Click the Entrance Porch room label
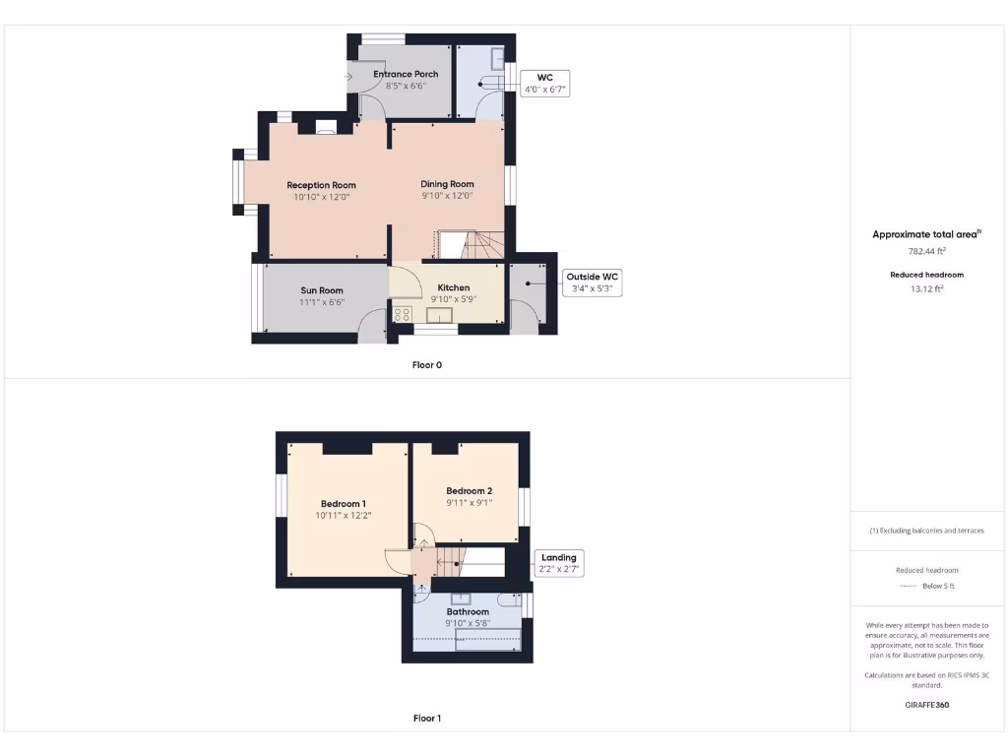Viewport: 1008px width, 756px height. tap(406, 74)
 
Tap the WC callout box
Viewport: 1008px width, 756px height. tap(544, 84)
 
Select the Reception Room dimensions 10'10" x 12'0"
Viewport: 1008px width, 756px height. tap(321, 197)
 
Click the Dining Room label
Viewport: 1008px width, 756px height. tap(447, 184)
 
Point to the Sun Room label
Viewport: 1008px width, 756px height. tap(322, 290)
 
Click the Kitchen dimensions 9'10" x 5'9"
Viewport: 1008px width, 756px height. tap(453, 299)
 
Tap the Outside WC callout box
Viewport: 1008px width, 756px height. tap(593, 283)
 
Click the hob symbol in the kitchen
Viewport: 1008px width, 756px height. tap(402, 314)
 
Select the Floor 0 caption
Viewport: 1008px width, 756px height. tap(426, 364)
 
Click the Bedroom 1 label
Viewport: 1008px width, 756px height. tap(343, 503)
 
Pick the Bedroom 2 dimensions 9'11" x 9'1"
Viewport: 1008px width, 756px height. tap(469, 502)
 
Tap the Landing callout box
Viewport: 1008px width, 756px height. tap(558, 563)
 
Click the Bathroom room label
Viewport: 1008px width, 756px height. tap(467, 611)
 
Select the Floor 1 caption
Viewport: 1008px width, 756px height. tap(426, 718)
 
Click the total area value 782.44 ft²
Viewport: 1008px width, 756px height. tap(925, 251)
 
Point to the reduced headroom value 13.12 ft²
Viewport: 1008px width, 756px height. tap(926, 288)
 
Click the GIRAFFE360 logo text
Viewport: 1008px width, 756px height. tap(926, 705)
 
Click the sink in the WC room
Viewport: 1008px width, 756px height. tap(497, 57)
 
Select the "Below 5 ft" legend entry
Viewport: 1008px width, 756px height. tap(937, 586)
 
